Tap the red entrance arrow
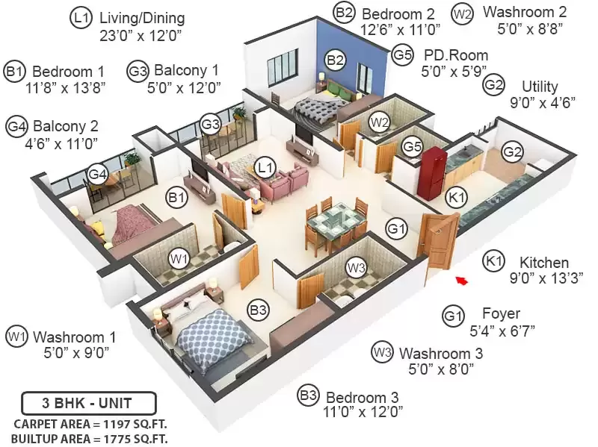coord(462,281)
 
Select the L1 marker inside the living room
coord(265,166)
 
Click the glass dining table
coord(336,225)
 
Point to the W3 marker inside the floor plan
coord(356,268)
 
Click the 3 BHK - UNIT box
coord(89,403)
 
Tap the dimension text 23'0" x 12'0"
coord(141,35)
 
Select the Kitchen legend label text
coord(544,263)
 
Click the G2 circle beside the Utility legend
coord(493,84)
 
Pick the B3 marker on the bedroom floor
coord(258,310)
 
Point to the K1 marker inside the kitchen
coord(456,197)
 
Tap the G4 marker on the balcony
coord(98,174)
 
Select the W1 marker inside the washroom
coord(179,259)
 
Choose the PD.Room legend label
coord(456,55)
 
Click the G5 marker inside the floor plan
coord(413,146)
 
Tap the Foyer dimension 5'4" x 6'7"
coord(502,331)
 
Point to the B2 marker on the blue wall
coord(335,60)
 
